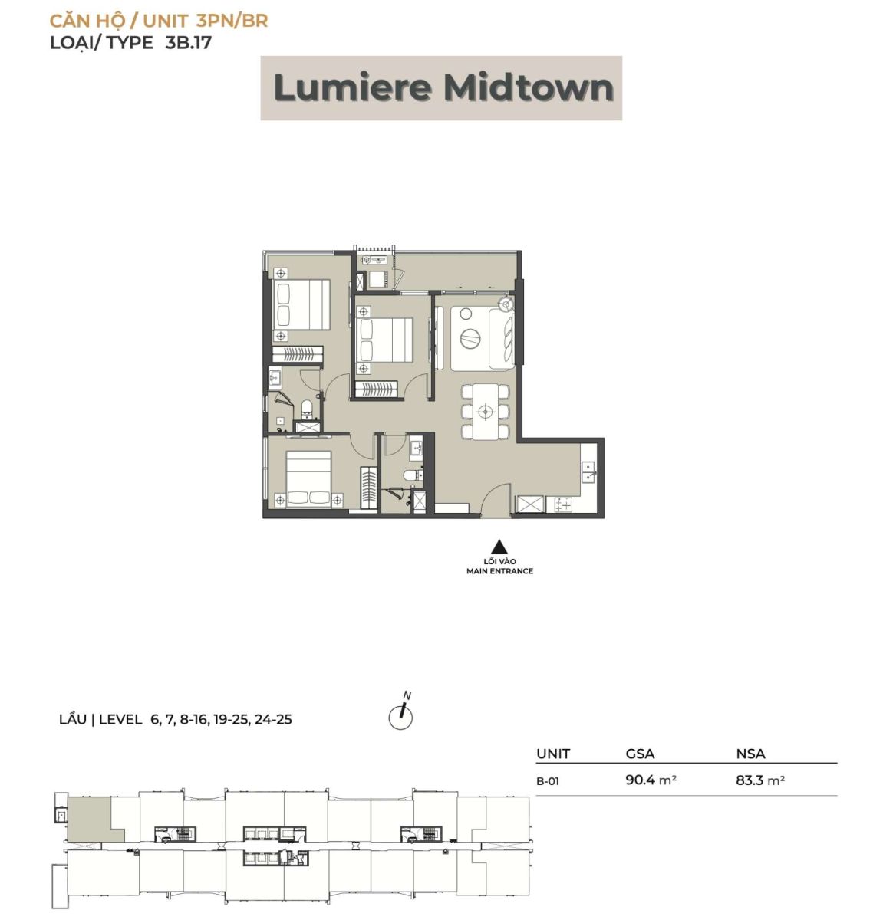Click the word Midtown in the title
[x=529, y=88]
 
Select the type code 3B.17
[x=188, y=42]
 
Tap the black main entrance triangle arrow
[x=499, y=547]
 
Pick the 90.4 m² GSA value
[x=651, y=780]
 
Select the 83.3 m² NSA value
[x=760, y=780]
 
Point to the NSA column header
[x=750, y=754]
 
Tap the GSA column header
[x=640, y=754]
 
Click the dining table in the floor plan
[x=486, y=412]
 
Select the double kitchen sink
[x=589, y=472]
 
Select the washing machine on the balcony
[x=378, y=279]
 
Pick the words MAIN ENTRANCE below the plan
[x=499, y=570]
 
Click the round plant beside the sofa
[x=506, y=304]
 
